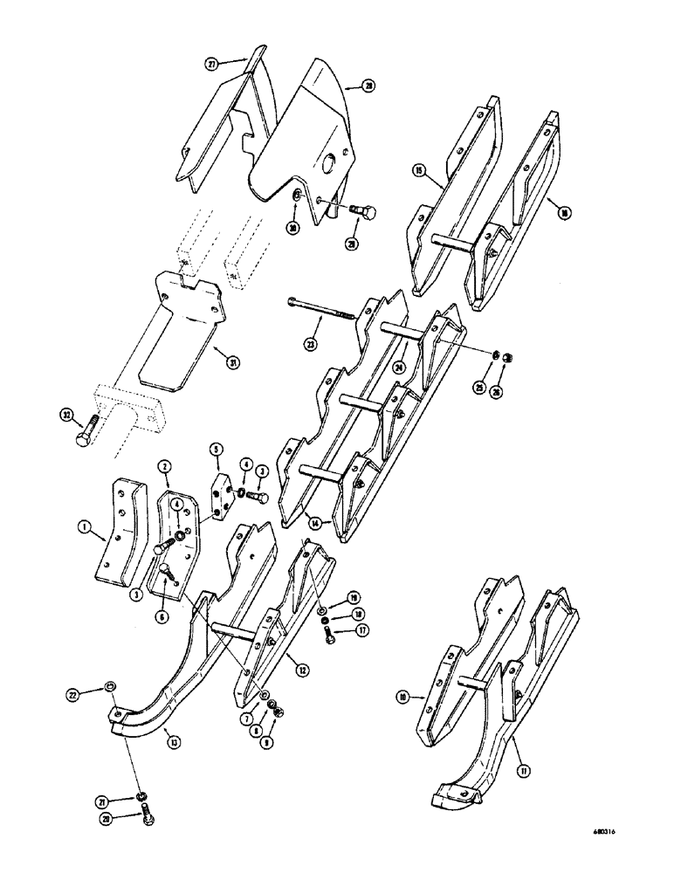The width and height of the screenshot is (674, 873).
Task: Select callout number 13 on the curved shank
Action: point(175,743)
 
